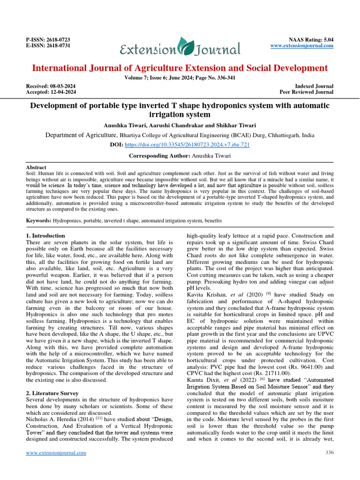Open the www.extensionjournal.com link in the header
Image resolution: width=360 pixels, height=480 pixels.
pos(302,46)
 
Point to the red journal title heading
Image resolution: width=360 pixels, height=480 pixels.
pos(180,68)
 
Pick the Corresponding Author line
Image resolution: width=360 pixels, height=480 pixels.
pos(180,155)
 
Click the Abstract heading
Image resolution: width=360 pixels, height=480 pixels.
pos(36,167)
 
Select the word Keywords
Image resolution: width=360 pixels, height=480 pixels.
pos(37,220)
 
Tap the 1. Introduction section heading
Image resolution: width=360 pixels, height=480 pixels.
pos(45,235)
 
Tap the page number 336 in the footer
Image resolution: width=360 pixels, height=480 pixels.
pos(329,452)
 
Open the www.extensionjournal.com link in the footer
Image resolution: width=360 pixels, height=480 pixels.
pos(56,453)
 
